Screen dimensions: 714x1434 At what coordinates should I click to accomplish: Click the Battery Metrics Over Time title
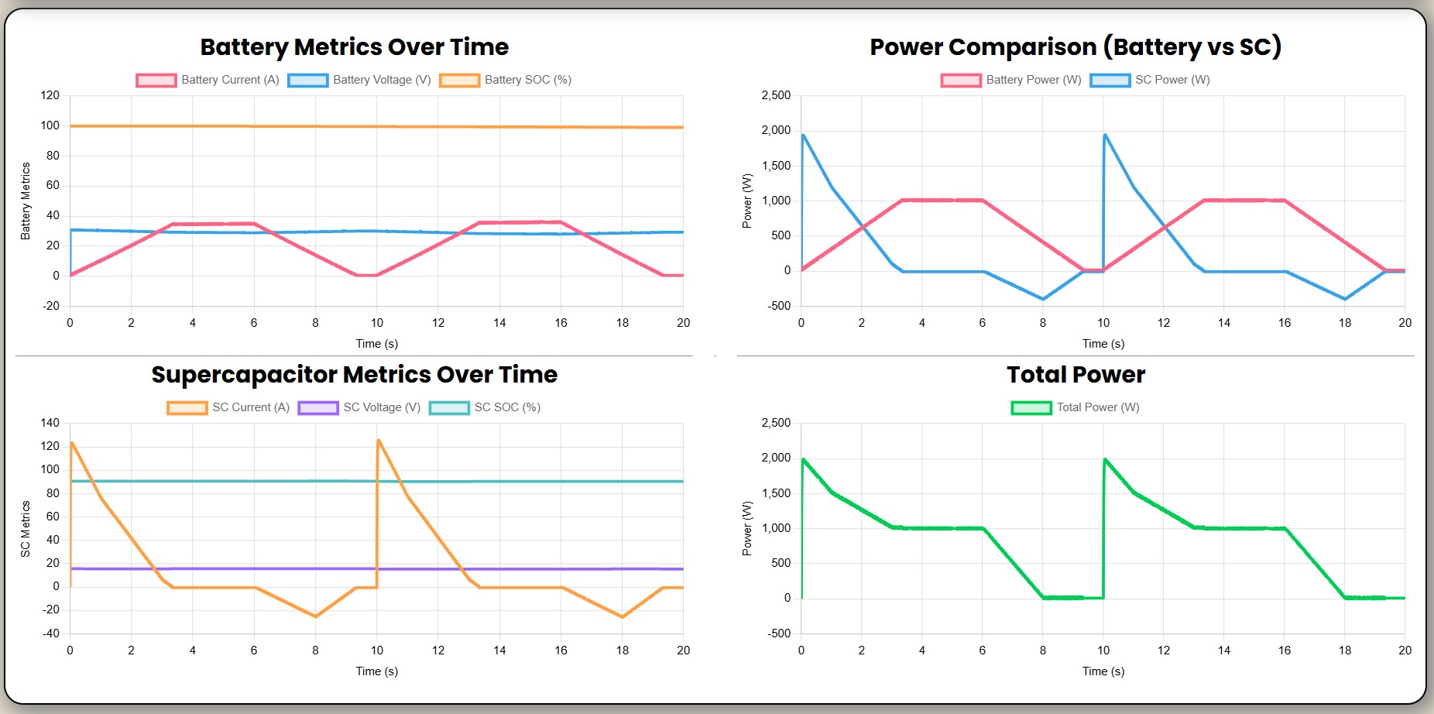coord(354,47)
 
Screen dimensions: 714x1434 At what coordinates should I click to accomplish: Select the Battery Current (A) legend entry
coord(208,80)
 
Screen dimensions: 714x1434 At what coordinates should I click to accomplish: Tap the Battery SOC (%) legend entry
coord(506,80)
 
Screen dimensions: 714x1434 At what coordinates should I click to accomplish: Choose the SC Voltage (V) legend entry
coord(359,407)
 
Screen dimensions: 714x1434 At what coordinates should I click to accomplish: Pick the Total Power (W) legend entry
coord(1075,407)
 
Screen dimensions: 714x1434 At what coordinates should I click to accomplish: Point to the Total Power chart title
coord(1075,375)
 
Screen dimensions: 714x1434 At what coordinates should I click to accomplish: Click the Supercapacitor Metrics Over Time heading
coord(354,375)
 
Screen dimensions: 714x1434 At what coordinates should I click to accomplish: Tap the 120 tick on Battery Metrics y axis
coord(50,95)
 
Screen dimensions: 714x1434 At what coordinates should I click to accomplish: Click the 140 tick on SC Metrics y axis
coord(50,423)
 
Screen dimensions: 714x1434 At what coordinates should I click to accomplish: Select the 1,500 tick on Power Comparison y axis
coord(776,166)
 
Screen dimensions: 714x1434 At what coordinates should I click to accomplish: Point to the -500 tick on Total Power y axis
coord(776,633)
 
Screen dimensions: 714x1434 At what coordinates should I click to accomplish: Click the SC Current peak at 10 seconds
coord(379,441)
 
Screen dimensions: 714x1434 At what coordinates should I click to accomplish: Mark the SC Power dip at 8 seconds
coord(1043,299)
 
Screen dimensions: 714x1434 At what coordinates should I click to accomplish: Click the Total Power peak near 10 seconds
coord(1105,460)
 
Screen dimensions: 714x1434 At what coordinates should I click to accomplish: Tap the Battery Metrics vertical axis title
coord(26,201)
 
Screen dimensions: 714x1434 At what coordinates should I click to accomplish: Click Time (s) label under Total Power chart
coord(1103,671)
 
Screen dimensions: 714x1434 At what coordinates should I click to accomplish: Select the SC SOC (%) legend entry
coord(485,407)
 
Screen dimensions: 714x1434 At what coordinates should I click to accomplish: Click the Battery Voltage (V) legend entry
coord(359,80)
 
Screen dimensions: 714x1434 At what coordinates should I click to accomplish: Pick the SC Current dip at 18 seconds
coord(623,616)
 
